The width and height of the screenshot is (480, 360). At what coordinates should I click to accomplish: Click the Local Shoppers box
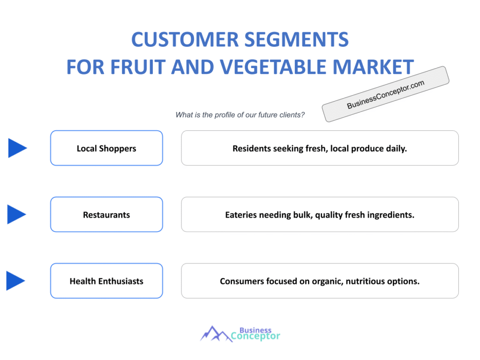[x=106, y=148]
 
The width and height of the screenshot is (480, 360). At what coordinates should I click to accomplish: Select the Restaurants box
[x=106, y=215]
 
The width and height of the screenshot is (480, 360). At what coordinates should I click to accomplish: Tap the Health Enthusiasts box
[x=106, y=281]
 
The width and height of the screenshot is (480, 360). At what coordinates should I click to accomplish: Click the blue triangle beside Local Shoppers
[x=17, y=148]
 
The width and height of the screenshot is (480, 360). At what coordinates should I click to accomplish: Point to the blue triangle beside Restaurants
[x=17, y=215]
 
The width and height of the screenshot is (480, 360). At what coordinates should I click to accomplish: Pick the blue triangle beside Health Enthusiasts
[x=15, y=281]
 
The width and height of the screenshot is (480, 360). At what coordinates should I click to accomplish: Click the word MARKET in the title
[x=375, y=67]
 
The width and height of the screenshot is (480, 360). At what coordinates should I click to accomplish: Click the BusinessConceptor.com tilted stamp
[x=385, y=94]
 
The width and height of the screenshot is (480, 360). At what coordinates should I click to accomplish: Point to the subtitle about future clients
[x=240, y=115]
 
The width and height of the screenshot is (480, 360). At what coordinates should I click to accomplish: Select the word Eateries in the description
[x=241, y=215]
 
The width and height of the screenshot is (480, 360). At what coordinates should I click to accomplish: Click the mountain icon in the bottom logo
[x=214, y=334]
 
